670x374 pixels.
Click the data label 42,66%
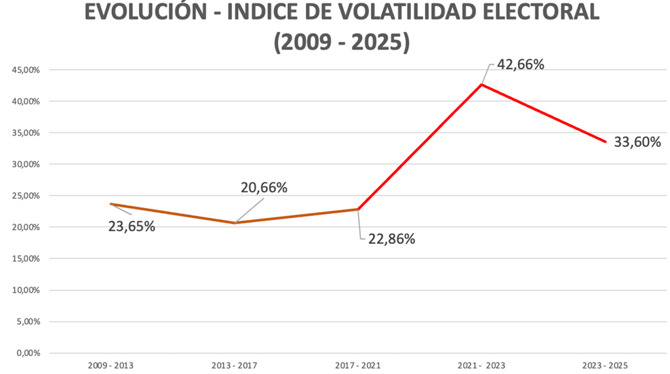(521, 65)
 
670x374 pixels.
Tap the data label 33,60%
(637, 142)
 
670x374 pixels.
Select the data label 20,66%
(264, 188)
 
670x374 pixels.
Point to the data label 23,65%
(132, 226)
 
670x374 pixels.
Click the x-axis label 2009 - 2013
(111, 365)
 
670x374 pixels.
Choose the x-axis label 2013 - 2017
(234, 365)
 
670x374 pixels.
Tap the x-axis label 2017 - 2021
(358, 365)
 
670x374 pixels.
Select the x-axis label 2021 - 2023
(481, 365)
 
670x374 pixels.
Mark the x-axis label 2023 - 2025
(606, 365)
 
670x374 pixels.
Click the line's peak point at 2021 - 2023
(481, 85)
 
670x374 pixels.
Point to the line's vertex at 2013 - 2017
(235, 223)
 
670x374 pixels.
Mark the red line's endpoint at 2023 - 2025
(605, 142)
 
